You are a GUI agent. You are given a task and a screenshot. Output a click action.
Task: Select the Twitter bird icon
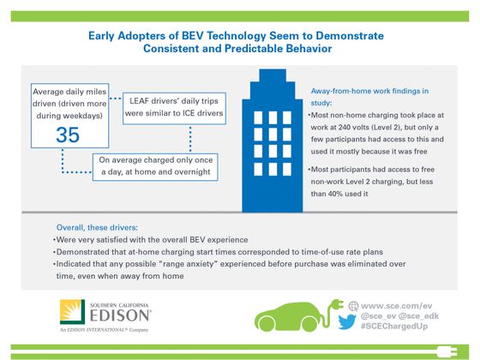pyautogui.click(x=348, y=321)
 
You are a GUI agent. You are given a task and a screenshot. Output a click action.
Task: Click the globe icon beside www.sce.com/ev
pyautogui.click(x=351, y=304)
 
